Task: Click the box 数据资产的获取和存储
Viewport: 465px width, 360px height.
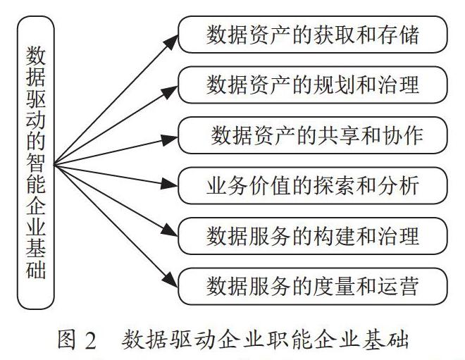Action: pos(313,35)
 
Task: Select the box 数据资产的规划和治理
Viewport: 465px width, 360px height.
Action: pos(313,85)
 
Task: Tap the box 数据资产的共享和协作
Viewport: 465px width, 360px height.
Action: pos(313,135)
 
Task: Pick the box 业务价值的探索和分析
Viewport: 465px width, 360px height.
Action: pos(313,185)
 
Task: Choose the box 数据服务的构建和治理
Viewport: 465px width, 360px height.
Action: pos(313,236)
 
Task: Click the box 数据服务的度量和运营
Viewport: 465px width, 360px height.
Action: pos(313,287)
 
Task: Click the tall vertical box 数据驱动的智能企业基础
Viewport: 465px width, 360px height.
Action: pos(36,163)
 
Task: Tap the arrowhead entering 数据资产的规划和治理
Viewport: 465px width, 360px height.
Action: pos(170,92)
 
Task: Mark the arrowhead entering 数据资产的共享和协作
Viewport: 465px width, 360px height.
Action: pos(170,139)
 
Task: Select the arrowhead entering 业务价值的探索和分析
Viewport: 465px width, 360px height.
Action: pos(169,184)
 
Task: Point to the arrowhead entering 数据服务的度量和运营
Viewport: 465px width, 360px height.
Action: pos(171,280)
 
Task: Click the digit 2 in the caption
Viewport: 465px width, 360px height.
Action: pos(91,340)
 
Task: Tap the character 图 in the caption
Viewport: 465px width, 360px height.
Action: pos(66,340)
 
